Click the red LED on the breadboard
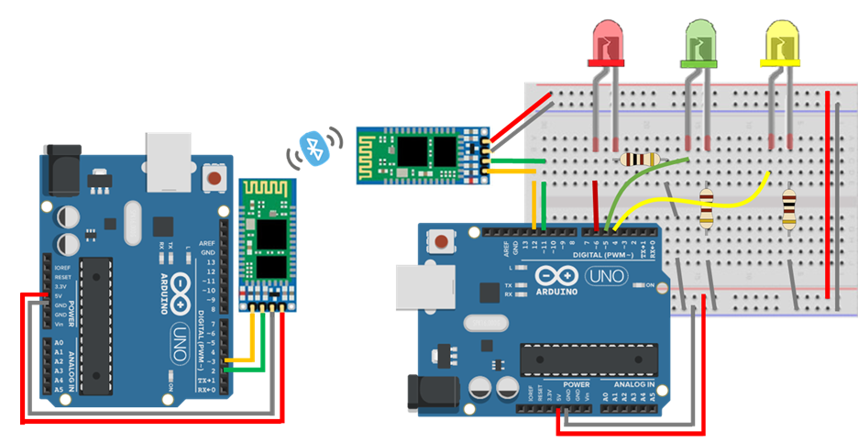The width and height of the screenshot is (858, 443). (606, 44)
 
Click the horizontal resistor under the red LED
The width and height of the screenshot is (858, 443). (639, 160)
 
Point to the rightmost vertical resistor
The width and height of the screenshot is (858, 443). (789, 208)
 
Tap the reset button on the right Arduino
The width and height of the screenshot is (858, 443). (443, 242)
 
